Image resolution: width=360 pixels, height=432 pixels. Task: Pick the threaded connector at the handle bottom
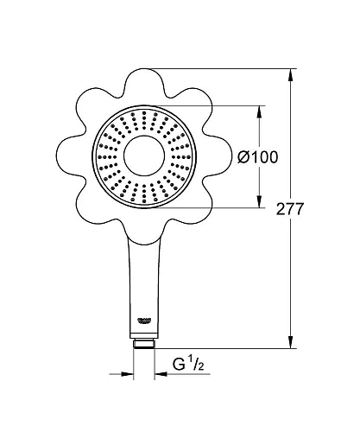[143, 342]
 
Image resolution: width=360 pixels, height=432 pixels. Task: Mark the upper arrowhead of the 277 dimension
[289, 74]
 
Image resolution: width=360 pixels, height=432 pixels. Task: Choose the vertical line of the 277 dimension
[289, 276]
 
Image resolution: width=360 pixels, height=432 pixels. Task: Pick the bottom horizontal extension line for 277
[224, 348]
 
